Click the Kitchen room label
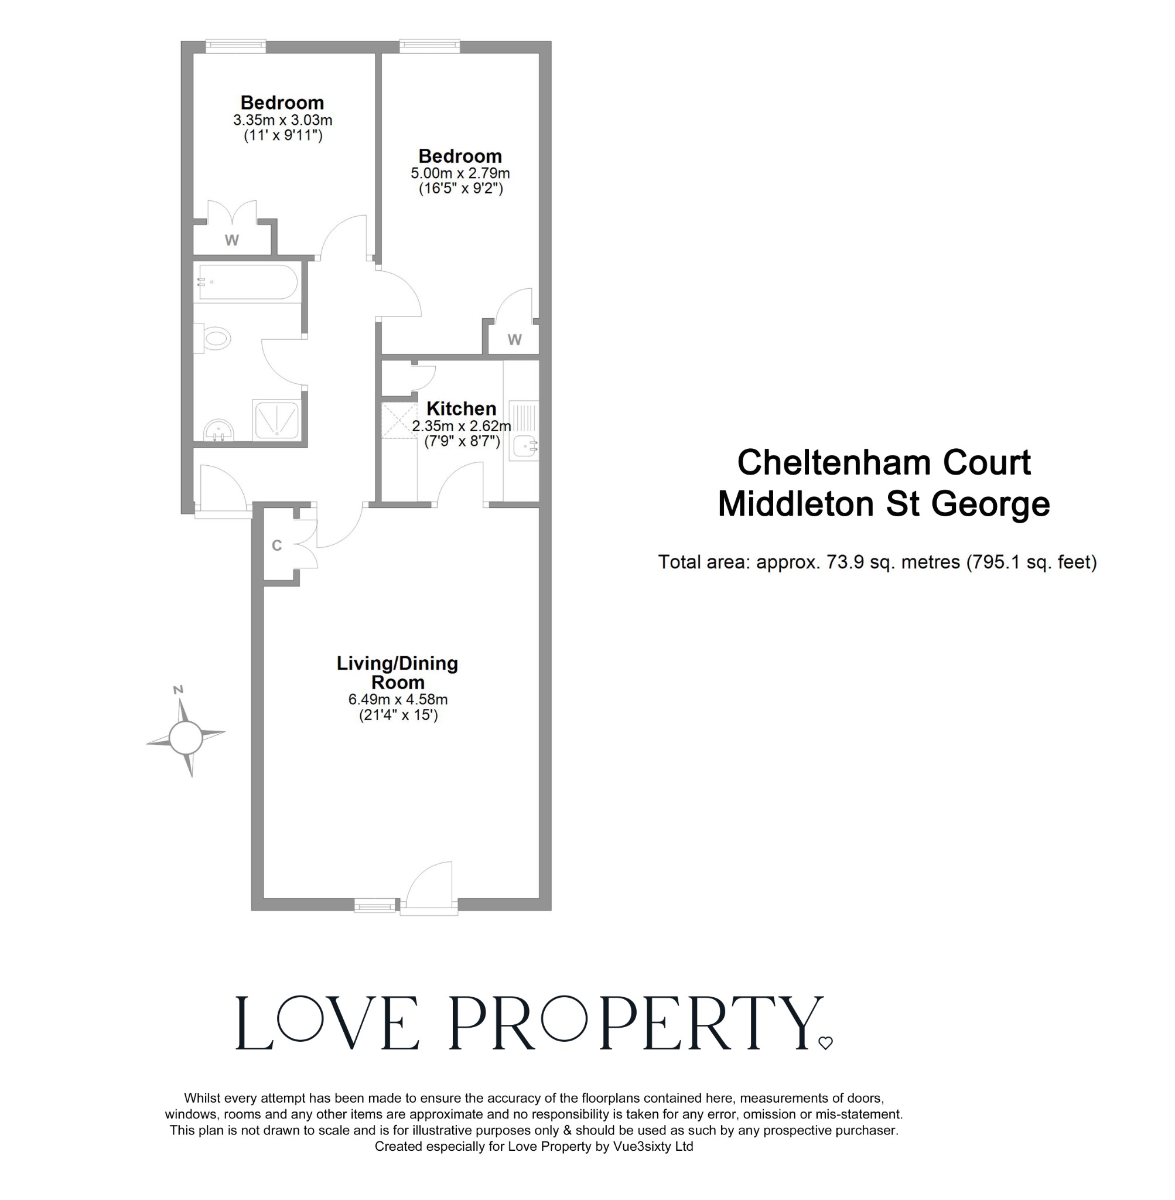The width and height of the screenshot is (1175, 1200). [x=461, y=408]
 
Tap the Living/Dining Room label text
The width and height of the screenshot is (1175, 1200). [x=397, y=673]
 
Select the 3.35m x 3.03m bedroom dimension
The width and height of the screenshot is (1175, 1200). [x=283, y=120]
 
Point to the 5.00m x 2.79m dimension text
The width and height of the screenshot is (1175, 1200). [x=460, y=173]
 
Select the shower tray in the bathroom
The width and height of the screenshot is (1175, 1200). [x=276, y=420]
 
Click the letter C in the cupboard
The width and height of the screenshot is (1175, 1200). [x=276, y=546]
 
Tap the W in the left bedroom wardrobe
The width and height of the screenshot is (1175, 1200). [x=231, y=240]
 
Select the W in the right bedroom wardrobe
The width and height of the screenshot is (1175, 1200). [x=515, y=339]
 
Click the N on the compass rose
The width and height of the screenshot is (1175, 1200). [x=178, y=690]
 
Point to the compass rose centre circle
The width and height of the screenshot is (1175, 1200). [x=186, y=738]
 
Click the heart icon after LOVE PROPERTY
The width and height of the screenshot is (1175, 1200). [x=825, y=1043]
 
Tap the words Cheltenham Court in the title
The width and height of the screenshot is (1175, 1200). [x=883, y=462]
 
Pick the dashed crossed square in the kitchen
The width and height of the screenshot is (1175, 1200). [x=399, y=420]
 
